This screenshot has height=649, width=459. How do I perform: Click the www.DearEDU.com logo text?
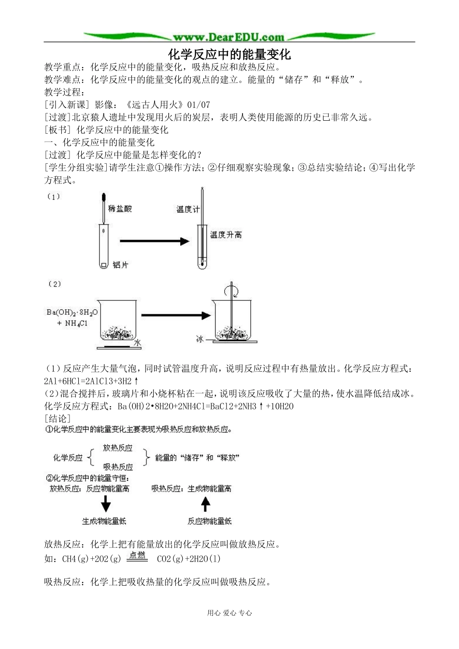229,37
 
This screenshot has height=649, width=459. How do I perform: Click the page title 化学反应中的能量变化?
229,53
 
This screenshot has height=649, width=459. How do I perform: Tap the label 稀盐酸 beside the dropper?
120,209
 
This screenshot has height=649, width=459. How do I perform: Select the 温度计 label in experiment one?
187,209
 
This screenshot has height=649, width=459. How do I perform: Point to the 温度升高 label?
226,235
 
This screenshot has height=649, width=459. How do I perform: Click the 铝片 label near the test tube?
120,265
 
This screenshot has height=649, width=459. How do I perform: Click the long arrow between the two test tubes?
154,241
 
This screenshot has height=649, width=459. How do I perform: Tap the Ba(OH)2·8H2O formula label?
72,312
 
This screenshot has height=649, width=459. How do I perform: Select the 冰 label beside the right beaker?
200,339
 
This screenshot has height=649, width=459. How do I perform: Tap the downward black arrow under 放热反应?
105,505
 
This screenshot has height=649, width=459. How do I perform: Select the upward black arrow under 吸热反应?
206,505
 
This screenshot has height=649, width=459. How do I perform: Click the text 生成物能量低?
104,521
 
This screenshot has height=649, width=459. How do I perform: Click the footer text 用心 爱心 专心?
229,613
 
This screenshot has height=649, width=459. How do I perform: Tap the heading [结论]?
57,419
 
